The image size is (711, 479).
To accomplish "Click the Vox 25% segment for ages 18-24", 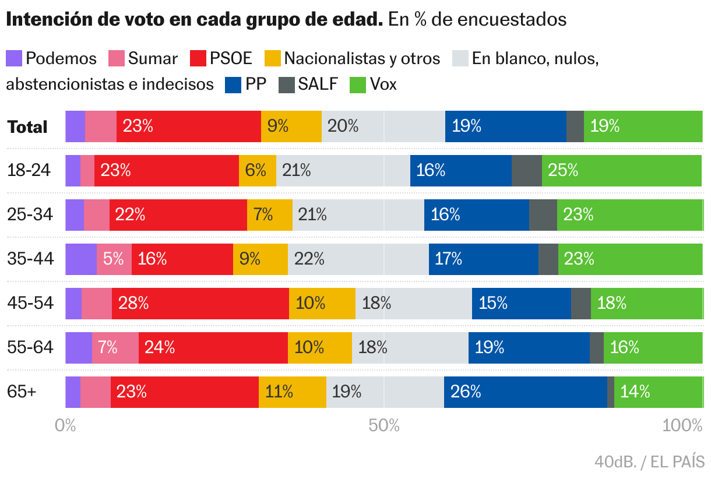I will tap(621, 171).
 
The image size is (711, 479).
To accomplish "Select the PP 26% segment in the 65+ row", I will tap(525, 392).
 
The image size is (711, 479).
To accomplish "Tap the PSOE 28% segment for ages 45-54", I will tap(200, 304).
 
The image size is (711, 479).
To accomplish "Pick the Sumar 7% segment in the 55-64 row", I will tap(115, 348).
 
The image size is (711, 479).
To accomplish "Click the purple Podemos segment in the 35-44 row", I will tap(80, 259).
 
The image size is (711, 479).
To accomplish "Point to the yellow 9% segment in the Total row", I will tap(291, 126).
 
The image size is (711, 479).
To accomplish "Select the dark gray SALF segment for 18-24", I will tap(526, 171).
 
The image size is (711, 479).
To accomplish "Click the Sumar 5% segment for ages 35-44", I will tap(114, 259).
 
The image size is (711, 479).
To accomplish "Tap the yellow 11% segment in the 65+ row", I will tap(292, 392).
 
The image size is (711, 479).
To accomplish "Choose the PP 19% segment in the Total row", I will tap(505, 126).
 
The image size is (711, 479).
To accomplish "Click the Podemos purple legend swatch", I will tap(14, 58).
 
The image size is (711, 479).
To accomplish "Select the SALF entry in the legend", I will tap(317, 84).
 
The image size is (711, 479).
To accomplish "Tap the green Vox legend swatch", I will tap(357, 84).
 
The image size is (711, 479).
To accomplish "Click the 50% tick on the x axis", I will tap(384, 426).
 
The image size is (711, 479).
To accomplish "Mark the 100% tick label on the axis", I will tap(682, 426).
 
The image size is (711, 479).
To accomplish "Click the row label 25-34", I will tap(30, 215).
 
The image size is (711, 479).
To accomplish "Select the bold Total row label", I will tap(27, 127).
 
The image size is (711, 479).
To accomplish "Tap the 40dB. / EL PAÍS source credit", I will tap(649, 462).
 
